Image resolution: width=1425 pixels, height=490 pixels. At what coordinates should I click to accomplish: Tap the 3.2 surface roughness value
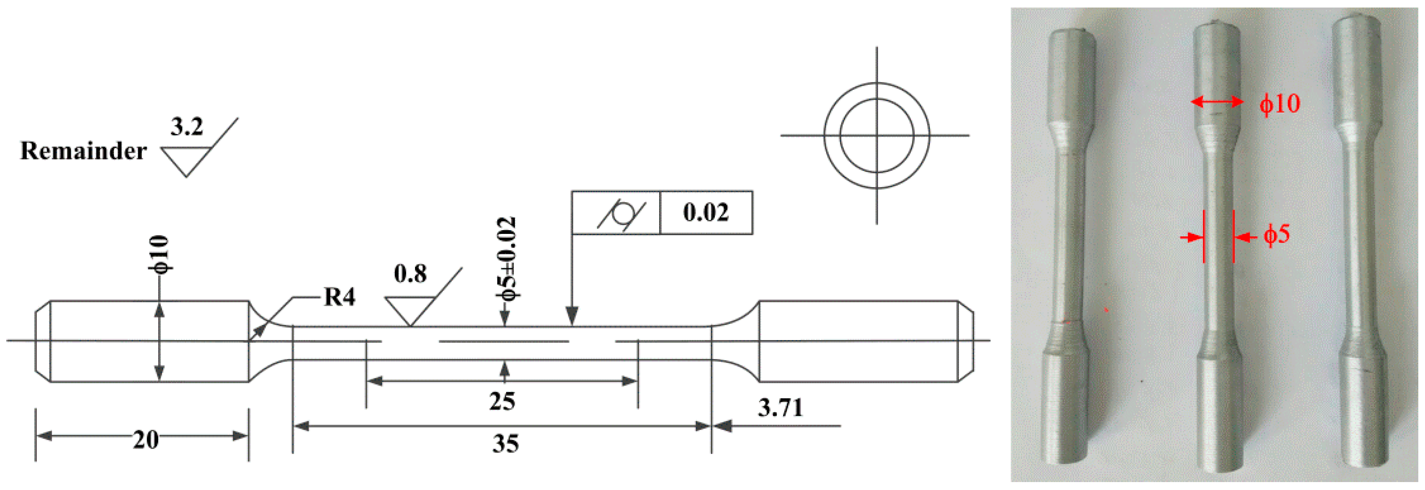point(186,127)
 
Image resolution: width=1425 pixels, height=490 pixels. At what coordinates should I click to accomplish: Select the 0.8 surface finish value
point(410,273)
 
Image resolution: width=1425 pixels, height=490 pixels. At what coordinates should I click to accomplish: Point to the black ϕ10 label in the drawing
point(159,254)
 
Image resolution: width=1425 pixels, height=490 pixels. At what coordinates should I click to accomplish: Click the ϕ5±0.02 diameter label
point(506,259)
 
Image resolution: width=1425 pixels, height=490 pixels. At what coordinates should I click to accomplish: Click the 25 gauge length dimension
point(502,401)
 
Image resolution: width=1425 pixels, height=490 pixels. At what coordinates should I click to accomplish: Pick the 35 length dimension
point(505,444)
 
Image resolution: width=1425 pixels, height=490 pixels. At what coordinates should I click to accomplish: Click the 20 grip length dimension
point(145,440)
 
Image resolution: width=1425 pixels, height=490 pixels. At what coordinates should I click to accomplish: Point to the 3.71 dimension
point(780,408)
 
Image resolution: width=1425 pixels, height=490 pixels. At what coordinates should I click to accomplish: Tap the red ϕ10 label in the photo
point(1280,103)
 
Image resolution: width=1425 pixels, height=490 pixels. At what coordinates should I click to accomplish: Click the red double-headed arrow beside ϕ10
point(1217,102)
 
